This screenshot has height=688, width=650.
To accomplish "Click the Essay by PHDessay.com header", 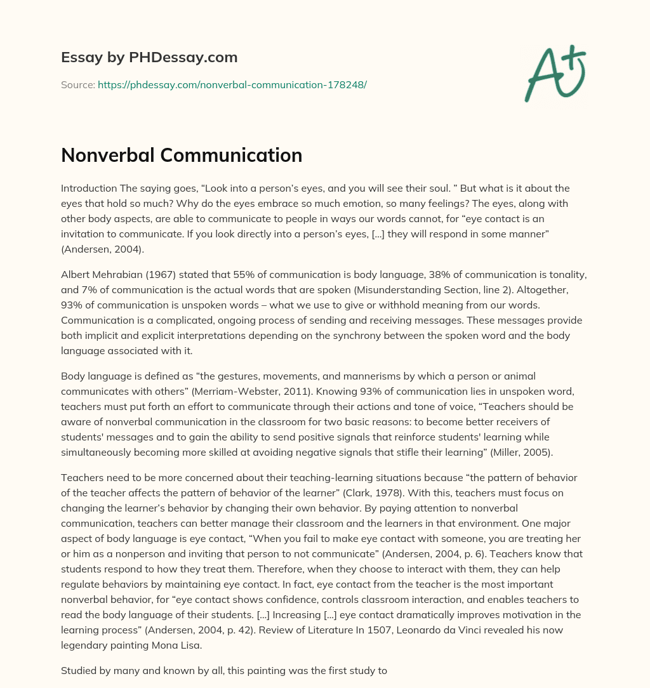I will (x=149, y=58).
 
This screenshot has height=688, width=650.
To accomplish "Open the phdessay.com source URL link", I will (x=232, y=84).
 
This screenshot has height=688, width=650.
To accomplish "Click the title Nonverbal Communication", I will (x=182, y=155).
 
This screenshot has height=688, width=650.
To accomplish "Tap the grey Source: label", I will (x=77, y=84).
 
